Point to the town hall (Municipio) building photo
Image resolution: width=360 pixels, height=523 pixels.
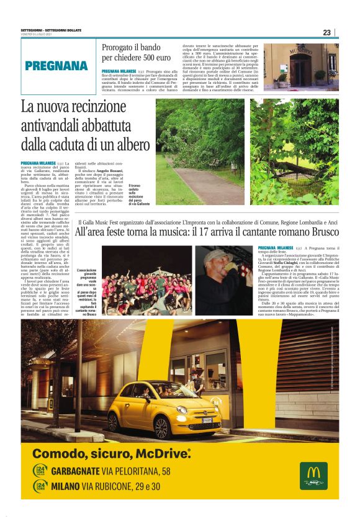301,66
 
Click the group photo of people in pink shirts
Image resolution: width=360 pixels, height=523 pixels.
146,280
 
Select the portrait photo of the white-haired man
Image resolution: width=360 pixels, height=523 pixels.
223,280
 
